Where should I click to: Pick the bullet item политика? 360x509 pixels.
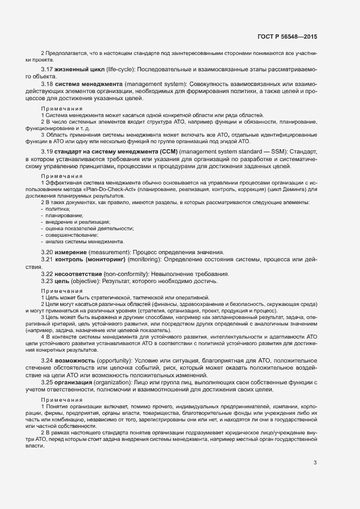[x=57, y=209]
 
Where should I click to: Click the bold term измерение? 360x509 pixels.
[x=71, y=253]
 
